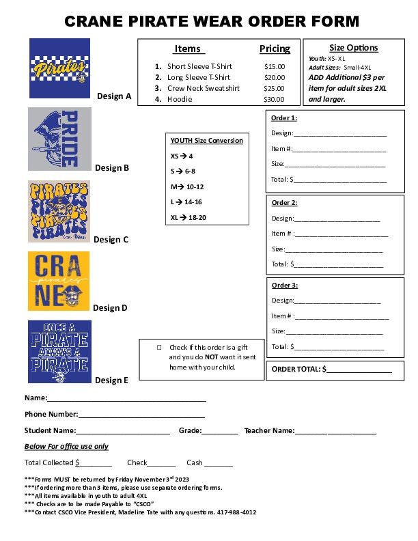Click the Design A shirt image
[x=60, y=68]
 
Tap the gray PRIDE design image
[x=59, y=139]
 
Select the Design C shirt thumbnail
[x=59, y=211]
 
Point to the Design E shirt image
[x=59, y=352]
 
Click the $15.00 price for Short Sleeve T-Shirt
[x=274, y=67]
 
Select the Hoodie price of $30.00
[x=274, y=100]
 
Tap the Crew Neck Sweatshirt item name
[x=204, y=89]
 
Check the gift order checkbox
[x=158, y=348]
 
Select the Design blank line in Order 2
[x=337, y=219]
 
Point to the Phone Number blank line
[x=141, y=415]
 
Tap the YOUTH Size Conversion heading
[x=206, y=141]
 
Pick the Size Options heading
[x=353, y=48]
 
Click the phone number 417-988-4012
[x=236, y=512]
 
